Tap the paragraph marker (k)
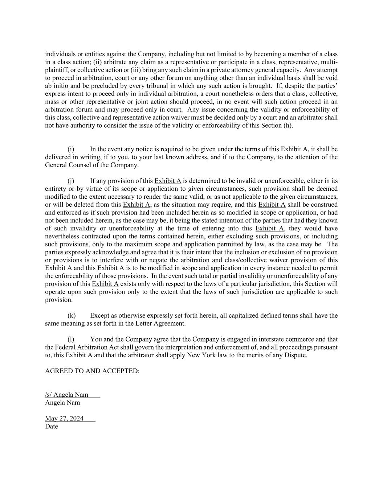[x=72, y=315]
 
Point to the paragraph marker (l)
[x=71, y=339]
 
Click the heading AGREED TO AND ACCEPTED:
[x=92, y=371]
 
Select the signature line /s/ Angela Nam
[x=67, y=395]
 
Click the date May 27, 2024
[x=64, y=418]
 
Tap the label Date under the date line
[x=52, y=427]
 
